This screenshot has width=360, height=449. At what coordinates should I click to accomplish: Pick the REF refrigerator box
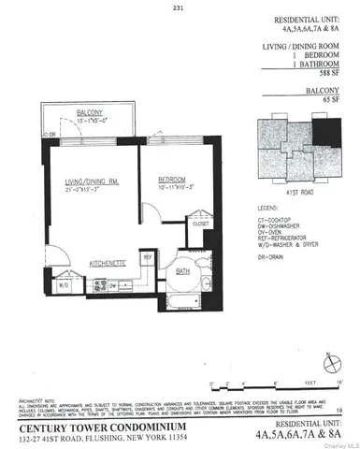coord(147,256)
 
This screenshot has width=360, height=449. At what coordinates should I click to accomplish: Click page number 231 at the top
coord(179,9)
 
